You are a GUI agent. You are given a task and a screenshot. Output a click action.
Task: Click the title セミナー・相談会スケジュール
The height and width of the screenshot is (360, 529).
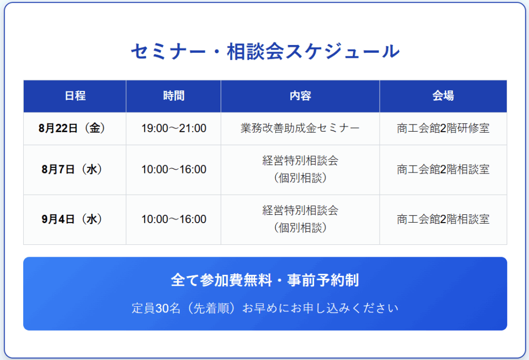tap(265, 52)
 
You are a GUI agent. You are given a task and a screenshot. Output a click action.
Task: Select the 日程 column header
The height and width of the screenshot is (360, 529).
tap(75, 96)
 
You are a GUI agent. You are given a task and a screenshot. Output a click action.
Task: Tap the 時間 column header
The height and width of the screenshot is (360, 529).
tap(174, 96)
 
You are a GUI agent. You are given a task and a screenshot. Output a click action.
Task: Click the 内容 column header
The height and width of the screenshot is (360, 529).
tap(300, 96)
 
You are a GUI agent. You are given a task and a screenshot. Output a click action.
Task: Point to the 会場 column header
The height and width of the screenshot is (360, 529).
tap(443, 96)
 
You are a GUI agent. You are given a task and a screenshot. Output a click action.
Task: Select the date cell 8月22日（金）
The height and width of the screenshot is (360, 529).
tap(75, 128)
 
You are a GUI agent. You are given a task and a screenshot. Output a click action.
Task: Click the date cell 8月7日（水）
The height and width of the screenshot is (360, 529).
tap(75, 169)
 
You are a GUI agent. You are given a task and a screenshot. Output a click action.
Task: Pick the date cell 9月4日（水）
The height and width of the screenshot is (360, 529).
tap(75, 220)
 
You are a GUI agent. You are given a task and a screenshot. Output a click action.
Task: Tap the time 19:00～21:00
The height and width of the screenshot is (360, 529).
tap(174, 129)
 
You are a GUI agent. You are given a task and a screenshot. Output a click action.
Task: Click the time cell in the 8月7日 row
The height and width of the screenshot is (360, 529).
tap(174, 169)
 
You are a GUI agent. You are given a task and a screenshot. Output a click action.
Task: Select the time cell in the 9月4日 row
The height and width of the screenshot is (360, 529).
tap(174, 220)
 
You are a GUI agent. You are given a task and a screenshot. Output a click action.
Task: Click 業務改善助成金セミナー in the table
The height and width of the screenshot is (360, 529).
tap(300, 128)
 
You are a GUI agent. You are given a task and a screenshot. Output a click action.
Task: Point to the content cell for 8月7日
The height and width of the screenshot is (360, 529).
tap(300, 169)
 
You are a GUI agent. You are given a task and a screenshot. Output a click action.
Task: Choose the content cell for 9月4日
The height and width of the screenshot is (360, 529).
tap(300, 220)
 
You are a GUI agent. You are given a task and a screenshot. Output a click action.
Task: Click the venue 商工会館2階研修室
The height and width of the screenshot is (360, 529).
tap(443, 128)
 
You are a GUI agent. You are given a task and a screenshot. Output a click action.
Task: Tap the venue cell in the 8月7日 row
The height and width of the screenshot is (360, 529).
tap(443, 169)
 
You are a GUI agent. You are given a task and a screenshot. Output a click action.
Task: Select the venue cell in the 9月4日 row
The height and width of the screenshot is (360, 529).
tap(443, 220)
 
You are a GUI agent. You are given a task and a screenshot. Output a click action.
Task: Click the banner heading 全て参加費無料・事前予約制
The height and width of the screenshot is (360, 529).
tap(265, 280)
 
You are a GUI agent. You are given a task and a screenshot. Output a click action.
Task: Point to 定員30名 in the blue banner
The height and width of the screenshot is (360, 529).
tap(156, 308)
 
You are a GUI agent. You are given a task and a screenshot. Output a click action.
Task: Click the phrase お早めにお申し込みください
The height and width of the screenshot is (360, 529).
tap(320, 308)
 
